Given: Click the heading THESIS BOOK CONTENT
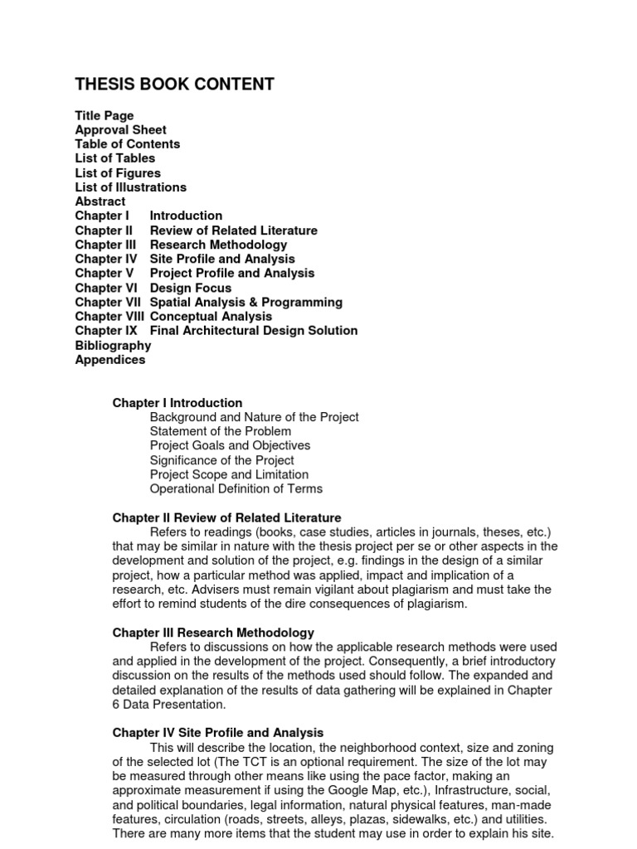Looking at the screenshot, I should click(174, 85).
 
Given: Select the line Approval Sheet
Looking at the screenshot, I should click(120, 129).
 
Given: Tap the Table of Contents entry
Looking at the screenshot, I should click(127, 143).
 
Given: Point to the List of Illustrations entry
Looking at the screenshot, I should click(130, 187).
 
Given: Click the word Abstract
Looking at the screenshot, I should click(100, 201).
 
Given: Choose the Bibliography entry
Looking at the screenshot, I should click(113, 345).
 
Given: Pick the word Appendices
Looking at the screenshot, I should click(109, 360).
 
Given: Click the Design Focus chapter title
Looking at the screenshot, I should click(191, 288).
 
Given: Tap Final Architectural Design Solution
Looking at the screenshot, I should click(254, 330).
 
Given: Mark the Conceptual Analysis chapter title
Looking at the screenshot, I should click(211, 316).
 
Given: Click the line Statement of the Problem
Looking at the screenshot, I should click(221, 431).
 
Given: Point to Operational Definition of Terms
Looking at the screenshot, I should click(236, 488).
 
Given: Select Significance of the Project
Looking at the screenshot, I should click(221, 460).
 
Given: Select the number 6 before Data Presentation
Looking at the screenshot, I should click(116, 704).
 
